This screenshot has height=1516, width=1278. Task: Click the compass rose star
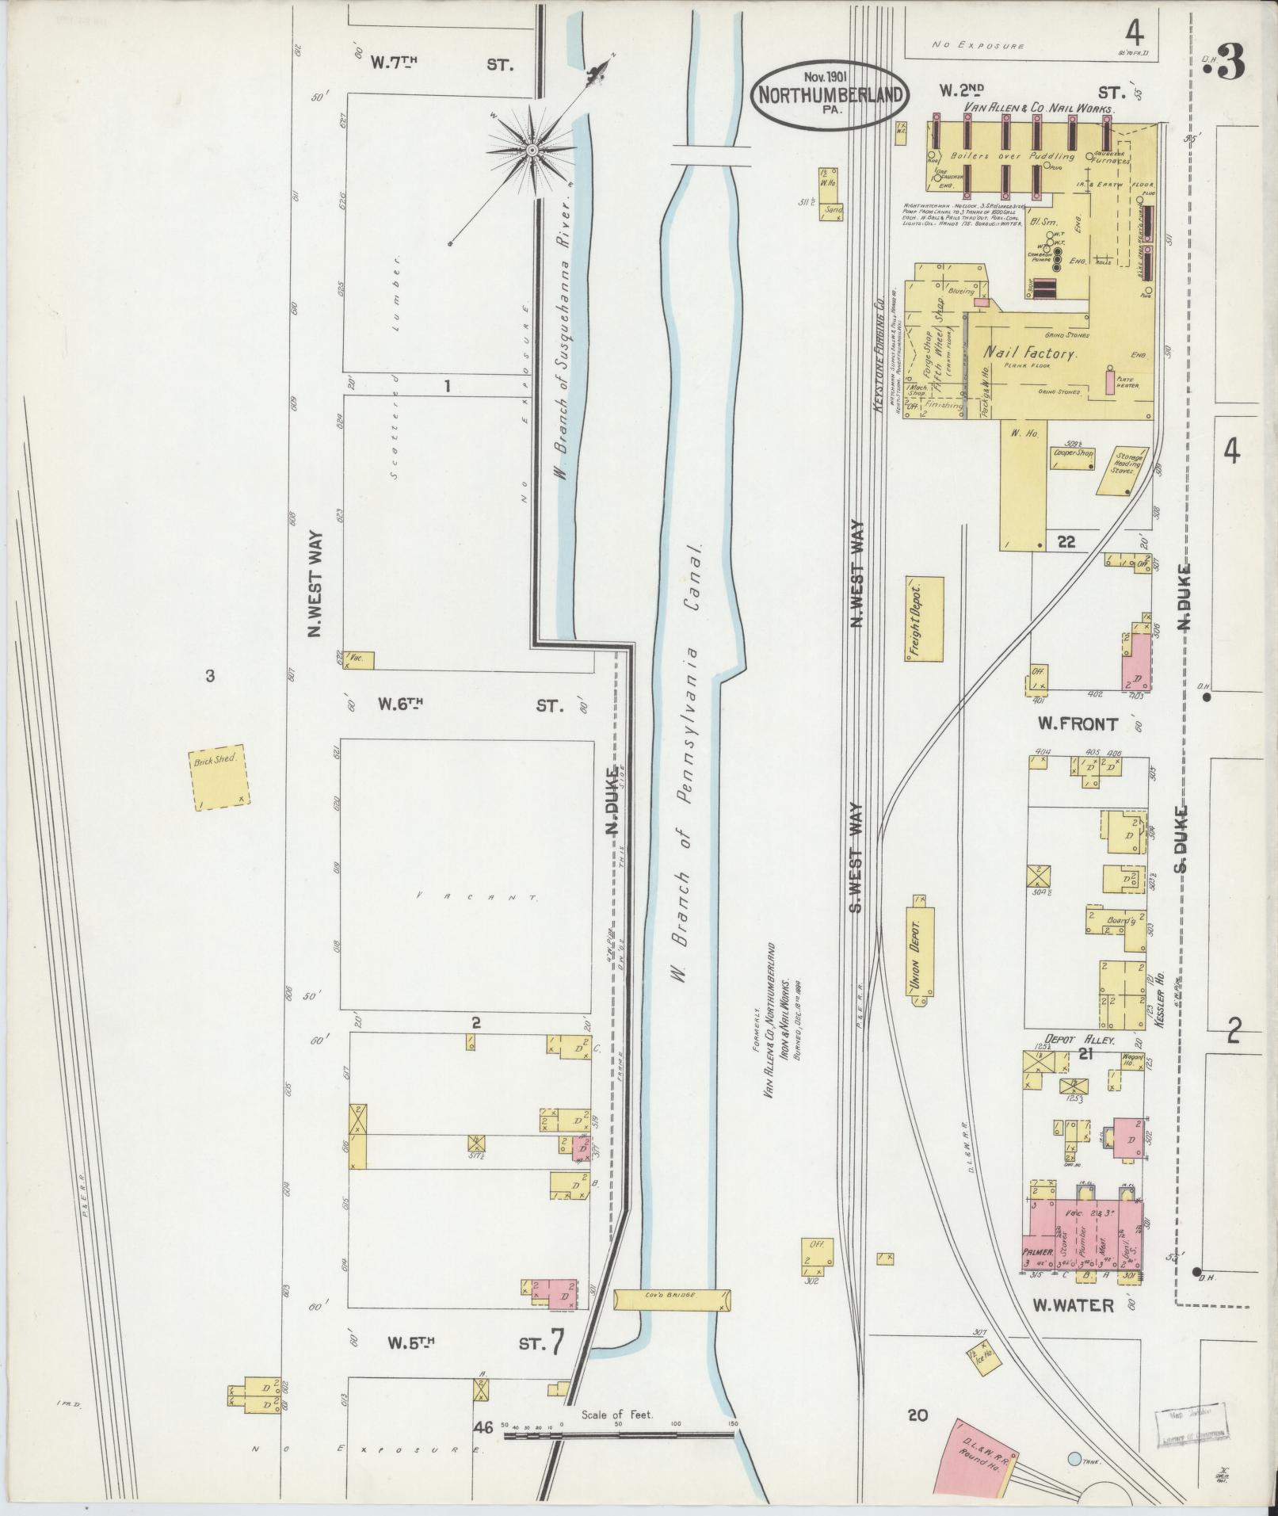click(532, 150)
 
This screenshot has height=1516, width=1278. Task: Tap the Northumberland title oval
click(830, 93)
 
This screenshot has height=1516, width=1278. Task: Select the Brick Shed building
click(220, 778)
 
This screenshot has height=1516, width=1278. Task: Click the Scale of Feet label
click(616, 1415)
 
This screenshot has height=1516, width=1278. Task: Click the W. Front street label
click(1078, 724)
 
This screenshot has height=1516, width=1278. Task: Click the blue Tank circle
click(1073, 1458)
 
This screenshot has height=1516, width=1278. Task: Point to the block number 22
click(1066, 542)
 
